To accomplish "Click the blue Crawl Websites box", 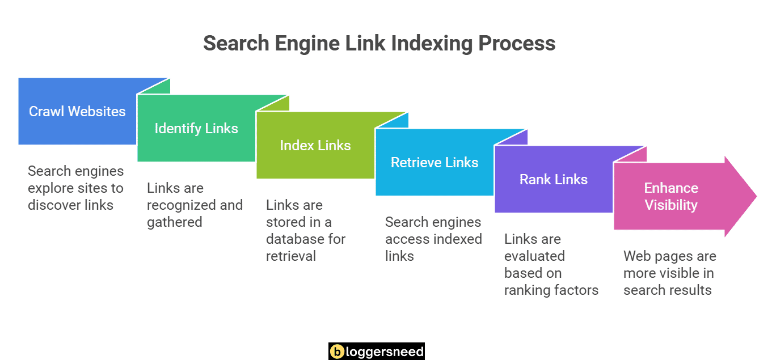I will tap(77, 111).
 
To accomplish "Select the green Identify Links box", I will tap(196, 128).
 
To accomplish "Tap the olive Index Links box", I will tap(315, 145).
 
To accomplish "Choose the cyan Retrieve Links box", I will tap(435, 162).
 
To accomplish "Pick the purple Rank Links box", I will tap(554, 179).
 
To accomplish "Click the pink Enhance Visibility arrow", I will tap(672, 196).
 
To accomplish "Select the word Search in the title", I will tap(237, 44).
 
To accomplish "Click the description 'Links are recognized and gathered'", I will tap(195, 205).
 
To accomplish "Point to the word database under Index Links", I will tap(293, 239).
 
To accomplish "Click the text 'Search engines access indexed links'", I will tap(433, 239).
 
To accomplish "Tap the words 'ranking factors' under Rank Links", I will tap(551, 290).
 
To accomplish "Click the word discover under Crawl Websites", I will tap(54, 205).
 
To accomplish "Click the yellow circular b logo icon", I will tap(338, 351).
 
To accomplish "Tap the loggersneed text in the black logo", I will tap(385, 351).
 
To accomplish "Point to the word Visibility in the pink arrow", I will tap(671, 205).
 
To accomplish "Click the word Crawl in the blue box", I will tap(46, 111).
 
